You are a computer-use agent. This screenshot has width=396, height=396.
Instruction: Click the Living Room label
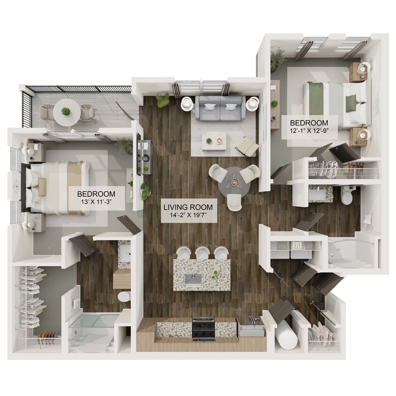pyautogui.click(x=188, y=206)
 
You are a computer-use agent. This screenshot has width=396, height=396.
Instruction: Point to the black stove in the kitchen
pyautogui.click(x=203, y=328)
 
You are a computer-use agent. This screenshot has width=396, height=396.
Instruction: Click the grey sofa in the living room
pyautogui.click(x=220, y=107)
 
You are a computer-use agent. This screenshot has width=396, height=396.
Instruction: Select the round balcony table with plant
pyautogui.click(x=66, y=112)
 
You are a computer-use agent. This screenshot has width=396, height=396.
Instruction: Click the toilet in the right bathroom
pyautogui.click(x=347, y=196)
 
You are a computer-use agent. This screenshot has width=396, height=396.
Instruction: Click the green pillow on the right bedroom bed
pyautogui.click(x=350, y=104)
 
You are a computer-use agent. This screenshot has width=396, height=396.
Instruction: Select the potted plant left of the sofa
pyautogui.click(x=163, y=99)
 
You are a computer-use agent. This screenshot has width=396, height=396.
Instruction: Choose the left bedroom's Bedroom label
pyautogui.click(x=96, y=194)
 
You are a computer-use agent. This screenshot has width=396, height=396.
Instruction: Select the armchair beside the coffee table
pyautogui.click(x=248, y=147)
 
